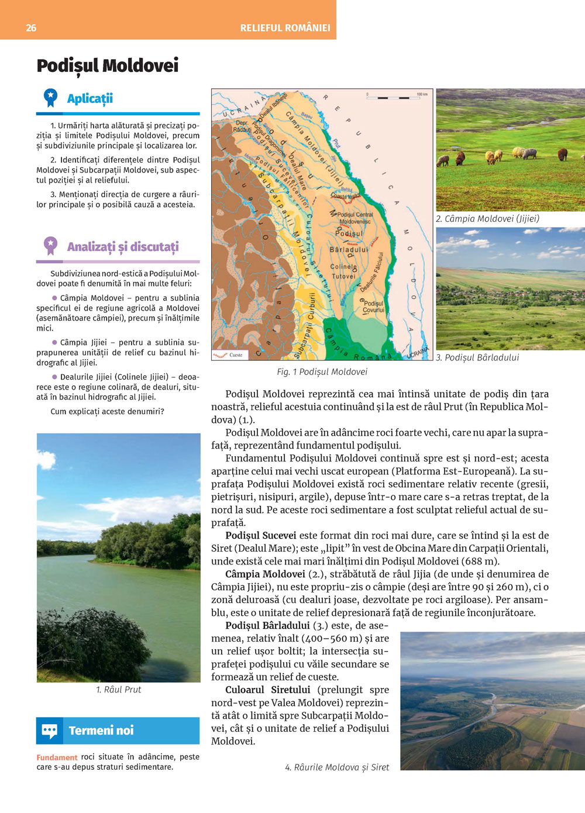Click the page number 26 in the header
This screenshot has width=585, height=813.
(31, 27)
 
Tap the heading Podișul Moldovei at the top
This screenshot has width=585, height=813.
(107, 66)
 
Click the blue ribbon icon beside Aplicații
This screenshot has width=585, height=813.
(51, 98)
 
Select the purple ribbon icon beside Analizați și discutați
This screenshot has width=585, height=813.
(51, 246)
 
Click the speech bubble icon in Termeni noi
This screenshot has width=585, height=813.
(50, 731)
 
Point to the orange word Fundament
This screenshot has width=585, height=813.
(57, 757)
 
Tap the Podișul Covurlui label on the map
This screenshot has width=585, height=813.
(374, 306)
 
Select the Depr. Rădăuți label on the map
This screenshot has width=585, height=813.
(242, 126)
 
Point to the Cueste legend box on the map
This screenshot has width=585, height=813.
(229, 354)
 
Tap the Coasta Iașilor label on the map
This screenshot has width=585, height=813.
(346, 197)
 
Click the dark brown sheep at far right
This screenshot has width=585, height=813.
(562, 154)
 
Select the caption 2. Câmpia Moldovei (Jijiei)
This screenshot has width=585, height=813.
(487, 219)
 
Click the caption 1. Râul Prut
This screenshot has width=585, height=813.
(119, 690)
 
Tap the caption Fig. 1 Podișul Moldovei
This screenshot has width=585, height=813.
(322, 371)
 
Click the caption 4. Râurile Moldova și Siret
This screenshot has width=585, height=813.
(336, 767)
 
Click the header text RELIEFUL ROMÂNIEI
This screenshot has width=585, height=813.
(285, 27)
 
